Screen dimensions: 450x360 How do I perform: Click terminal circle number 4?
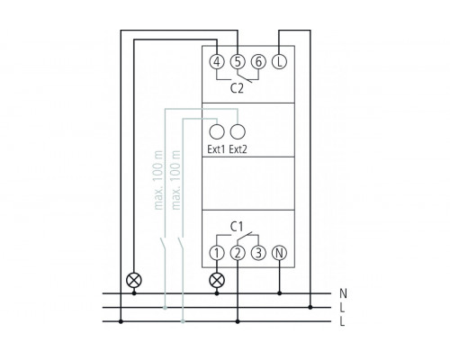pyautogui.click(x=217, y=62)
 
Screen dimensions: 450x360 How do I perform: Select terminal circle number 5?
pyautogui.click(x=238, y=62)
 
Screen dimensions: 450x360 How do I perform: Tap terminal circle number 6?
pyautogui.click(x=258, y=62)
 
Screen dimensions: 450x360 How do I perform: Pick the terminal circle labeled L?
pyautogui.click(x=280, y=62)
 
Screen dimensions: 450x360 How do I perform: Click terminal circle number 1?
pyautogui.click(x=217, y=253)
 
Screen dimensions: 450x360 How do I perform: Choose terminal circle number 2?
pyautogui.click(x=238, y=253)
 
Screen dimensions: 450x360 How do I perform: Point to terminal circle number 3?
pyautogui.click(x=258, y=253)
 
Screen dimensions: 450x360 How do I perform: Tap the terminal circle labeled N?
pyautogui.click(x=280, y=253)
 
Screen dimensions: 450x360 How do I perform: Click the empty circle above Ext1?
pyautogui.click(x=217, y=131)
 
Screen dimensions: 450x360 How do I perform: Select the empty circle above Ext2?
pyautogui.click(x=238, y=131)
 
